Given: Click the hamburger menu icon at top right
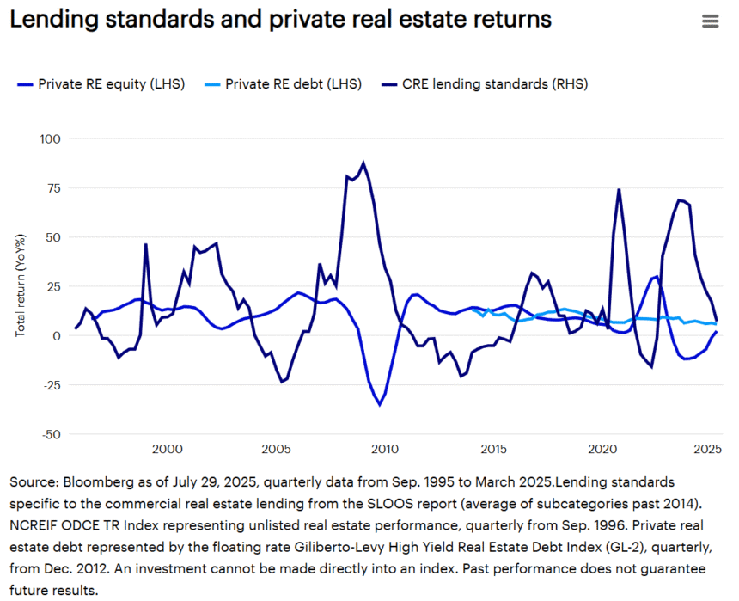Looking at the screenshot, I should [x=710, y=21].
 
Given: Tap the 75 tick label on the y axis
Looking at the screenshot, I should [x=53, y=187].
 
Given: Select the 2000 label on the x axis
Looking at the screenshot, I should [x=167, y=450].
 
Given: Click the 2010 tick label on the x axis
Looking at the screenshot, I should [x=384, y=450].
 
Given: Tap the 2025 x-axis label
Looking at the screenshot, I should [x=708, y=450].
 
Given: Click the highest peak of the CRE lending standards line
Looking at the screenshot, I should [x=363, y=163].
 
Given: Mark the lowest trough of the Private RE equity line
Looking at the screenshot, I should [x=379, y=405].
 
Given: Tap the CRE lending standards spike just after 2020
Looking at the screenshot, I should [x=619, y=190].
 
